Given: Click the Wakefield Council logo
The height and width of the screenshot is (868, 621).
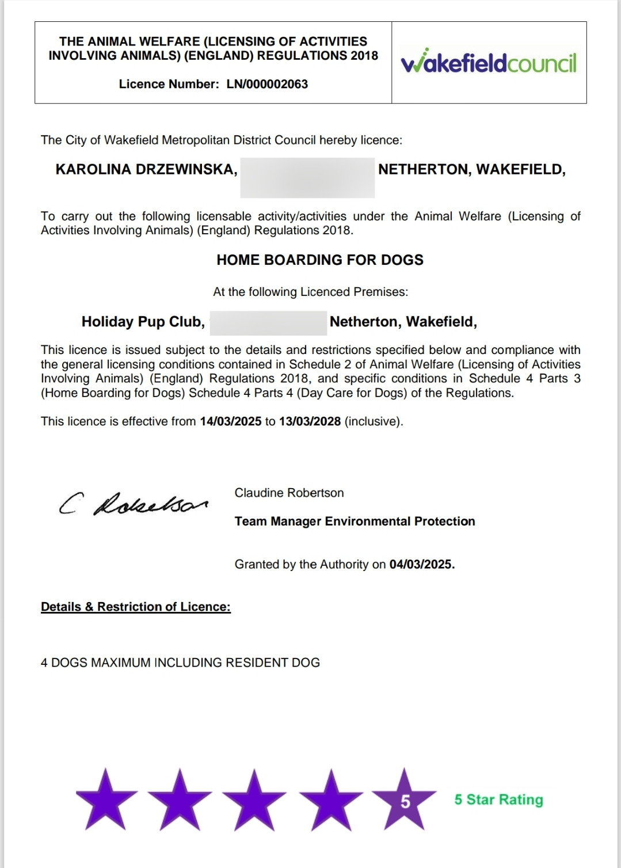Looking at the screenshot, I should (489, 63).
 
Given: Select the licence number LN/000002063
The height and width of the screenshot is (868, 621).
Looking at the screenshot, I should (267, 84).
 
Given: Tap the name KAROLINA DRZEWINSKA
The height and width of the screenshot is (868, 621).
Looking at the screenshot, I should (146, 170).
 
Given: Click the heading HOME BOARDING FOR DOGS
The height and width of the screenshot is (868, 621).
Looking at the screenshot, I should (319, 260).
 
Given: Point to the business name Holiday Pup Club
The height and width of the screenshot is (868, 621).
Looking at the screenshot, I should (143, 322).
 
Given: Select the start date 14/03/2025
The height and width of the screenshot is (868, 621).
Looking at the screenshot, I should (230, 421).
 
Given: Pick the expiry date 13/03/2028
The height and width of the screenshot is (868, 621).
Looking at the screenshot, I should (310, 421).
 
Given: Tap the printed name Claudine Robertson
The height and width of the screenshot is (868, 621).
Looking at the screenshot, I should (289, 493).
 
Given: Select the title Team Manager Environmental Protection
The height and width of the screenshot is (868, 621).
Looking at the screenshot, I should (355, 521).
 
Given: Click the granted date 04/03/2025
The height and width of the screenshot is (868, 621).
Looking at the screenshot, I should (422, 565).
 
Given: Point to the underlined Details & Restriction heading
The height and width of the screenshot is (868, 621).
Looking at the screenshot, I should (136, 607).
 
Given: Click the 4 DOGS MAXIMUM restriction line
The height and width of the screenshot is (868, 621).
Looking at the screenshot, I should (180, 663).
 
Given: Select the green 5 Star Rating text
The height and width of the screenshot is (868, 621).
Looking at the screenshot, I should (498, 800).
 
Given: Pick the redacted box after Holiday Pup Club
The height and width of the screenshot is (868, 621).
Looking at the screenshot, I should (268, 322).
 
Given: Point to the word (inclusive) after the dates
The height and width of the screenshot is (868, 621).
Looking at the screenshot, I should (374, 421).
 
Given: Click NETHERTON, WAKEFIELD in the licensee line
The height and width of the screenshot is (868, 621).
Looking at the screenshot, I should (471, 170).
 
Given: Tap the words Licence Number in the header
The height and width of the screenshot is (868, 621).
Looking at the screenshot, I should (169, 84).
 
